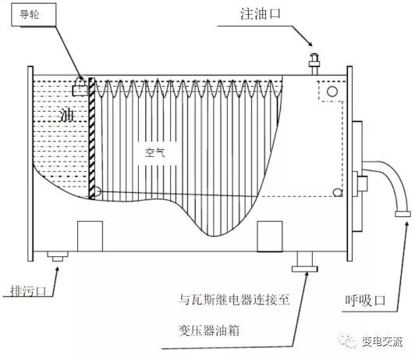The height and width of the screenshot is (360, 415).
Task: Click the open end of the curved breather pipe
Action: click(x=403, y=212)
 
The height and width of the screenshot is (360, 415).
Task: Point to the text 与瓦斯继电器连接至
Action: click(x=234, y=298)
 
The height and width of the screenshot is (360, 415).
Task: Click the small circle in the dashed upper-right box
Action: click(x=332, y=92)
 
